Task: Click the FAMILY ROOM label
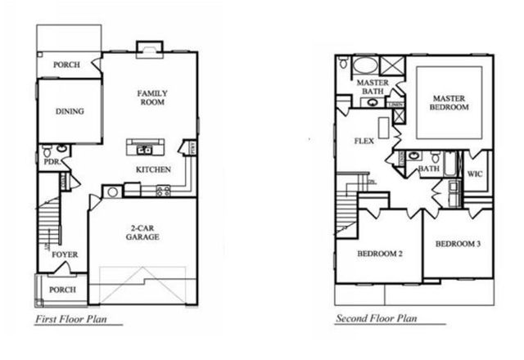tap(151, 98)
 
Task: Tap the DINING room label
tap(70, 111)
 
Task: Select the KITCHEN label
tap(153, 169)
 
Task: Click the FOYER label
tap(65, 254)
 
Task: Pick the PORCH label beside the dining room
tap(66, 65)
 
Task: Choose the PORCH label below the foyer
tap(63, 290)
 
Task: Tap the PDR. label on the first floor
tap(51, 162)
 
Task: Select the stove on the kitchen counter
tap(163, 191)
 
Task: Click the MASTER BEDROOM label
tap(449, 102)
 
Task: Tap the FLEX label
tap(364, 141)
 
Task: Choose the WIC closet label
tap(476, 173)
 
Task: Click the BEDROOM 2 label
tap(380, 254)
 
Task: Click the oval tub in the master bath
tap(364, 66)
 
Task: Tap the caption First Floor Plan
tap(73, 319)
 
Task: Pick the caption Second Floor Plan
tap(378, 319)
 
